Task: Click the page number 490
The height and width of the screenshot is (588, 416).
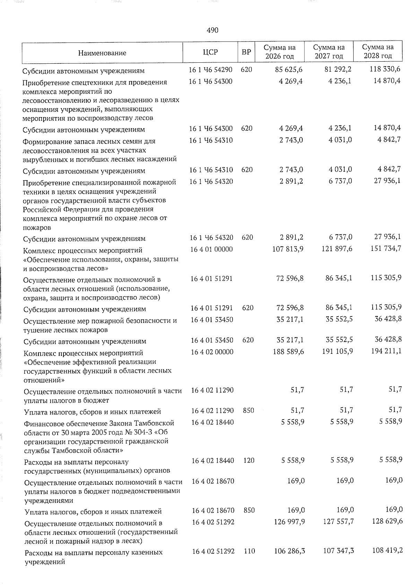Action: click(212, 30)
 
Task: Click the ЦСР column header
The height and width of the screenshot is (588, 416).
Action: click(210, 52)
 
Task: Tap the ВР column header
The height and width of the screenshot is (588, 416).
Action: click(246, 52)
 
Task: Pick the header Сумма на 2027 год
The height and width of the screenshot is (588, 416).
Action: click(329, 52)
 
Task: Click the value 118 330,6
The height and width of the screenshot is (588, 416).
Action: click(385, 69)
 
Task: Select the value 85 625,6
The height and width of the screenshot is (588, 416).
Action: click(289, 70)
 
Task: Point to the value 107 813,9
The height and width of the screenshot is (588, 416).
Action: click(288, 249)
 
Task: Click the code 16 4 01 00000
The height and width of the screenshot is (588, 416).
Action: click(211, 249)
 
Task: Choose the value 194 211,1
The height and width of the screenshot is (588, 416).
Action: click(386, 351)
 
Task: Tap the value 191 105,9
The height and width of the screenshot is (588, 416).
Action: click(337, 351)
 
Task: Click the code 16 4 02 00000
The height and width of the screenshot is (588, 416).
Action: click(212, 352)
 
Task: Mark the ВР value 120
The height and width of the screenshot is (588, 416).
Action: click(249, 460)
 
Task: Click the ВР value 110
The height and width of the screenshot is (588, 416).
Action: click(249, 551)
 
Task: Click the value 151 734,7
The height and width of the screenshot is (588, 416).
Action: click(385, 248)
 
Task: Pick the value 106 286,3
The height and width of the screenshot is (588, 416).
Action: click(289, 551)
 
